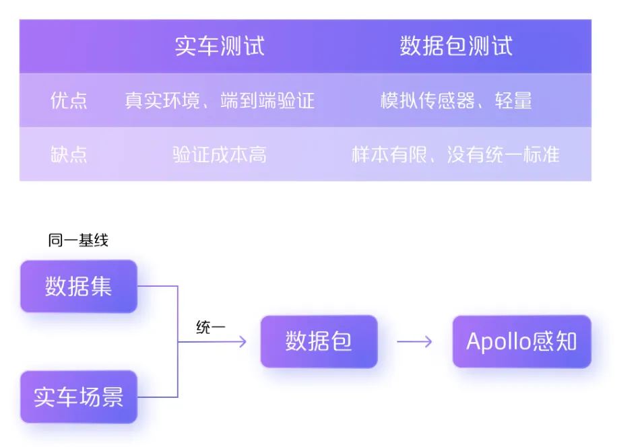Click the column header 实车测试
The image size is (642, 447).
coord(220,46)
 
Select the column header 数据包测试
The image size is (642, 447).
coord(456,46)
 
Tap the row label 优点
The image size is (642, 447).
coord(69,100)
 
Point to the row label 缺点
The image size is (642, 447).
coord(69,154)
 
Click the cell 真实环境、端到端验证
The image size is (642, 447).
coord(220,100)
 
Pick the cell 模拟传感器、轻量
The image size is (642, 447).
coord(456,100)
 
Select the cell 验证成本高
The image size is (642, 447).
coord(220,154)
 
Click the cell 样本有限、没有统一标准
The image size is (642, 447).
coord(455,154)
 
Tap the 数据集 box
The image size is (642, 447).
coord(79,286)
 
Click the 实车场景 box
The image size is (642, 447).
coord(79,397)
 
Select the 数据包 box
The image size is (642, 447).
coord(319,341)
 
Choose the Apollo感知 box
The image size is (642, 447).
coord(522,341)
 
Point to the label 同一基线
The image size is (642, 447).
coord(78,240)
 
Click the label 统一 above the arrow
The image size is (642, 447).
coord(211,327)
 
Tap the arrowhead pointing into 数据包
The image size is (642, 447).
coord(243,341)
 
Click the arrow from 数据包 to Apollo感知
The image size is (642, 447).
coord(414,341)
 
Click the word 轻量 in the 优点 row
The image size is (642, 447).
coord(513,100)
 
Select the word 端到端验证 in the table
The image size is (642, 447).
coord(267,100)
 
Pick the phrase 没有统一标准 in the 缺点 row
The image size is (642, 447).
coord(503,154)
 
